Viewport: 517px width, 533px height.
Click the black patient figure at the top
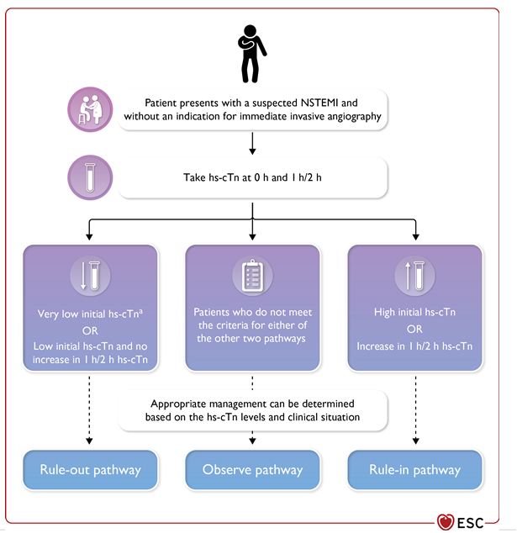tap(251, 50)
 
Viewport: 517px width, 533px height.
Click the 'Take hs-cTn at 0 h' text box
tap(252, 179)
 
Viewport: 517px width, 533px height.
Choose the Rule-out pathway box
tap(90, 469)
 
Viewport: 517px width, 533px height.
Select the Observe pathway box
tap(252, 469)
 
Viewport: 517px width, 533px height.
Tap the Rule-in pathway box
tap(415, 469)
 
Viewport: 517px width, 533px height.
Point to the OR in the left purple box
tap(90, 330)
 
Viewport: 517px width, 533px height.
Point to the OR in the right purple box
tap(415, 330)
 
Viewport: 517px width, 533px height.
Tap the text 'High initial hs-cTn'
tap(415, 313)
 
